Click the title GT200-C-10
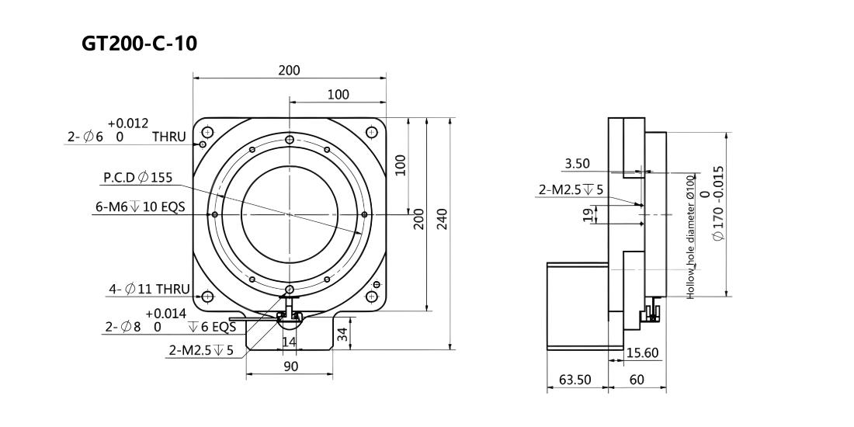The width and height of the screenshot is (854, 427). point(140,43)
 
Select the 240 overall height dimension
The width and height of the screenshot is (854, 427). point(442,218)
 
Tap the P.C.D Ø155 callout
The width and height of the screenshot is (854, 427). point(137,177)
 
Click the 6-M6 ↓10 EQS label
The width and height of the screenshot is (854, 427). point(140,207)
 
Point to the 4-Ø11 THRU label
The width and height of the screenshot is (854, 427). point(149,290)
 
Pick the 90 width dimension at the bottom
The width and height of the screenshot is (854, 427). point(291,366)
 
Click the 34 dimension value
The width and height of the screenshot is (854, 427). point(342,335)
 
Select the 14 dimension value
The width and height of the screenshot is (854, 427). point(290,342)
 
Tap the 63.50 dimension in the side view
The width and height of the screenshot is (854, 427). point(575,379)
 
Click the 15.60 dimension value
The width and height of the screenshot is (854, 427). point(643,353)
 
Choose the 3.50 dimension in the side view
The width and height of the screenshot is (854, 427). point(578,163)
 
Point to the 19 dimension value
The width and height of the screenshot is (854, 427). point(588,214)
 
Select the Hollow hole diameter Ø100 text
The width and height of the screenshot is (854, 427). point(690,236)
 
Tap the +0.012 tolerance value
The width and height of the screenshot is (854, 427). point(128,123)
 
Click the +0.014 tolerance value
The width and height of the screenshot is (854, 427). point(166,314)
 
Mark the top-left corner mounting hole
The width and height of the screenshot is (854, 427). point(207,132)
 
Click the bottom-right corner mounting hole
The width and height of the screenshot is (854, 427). point(371,297)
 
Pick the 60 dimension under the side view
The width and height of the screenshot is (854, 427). point(637,379)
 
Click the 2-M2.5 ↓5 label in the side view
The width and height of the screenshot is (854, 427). point(571,190)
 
